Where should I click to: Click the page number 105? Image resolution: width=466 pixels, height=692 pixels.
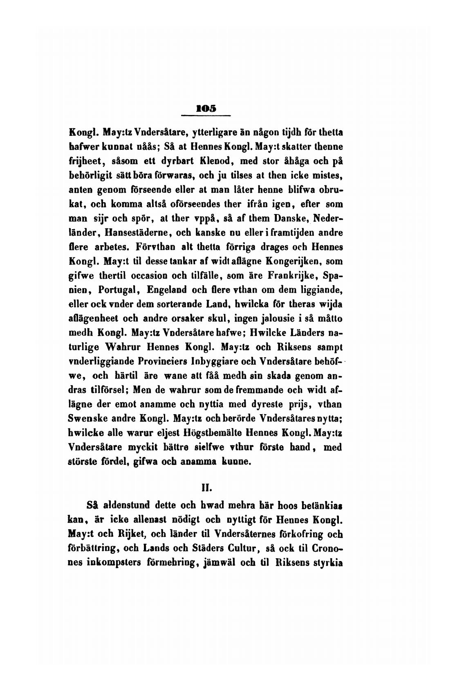coord(206,109)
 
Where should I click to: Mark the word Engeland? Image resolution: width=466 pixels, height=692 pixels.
coord(166,290)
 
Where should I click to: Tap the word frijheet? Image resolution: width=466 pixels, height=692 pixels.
coord(85,161)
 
